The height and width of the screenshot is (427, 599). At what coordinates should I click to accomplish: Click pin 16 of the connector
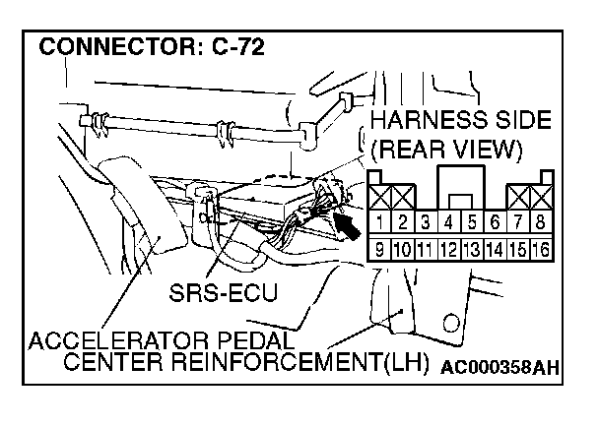point(539,247)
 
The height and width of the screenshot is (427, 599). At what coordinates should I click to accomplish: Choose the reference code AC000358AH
point(499,369)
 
